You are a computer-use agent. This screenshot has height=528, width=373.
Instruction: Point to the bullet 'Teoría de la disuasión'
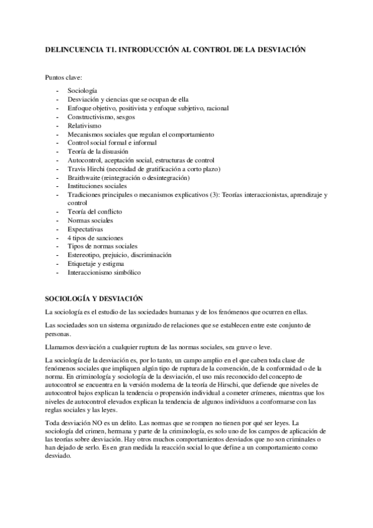point(98,151)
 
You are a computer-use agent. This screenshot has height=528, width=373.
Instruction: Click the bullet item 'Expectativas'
point(85,229)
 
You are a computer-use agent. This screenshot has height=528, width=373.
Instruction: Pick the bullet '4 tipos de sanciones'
point(95,238)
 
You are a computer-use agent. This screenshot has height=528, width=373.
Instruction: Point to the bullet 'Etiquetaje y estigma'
point(97,264)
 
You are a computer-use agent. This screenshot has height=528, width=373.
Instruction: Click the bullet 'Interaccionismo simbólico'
point(104,273)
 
